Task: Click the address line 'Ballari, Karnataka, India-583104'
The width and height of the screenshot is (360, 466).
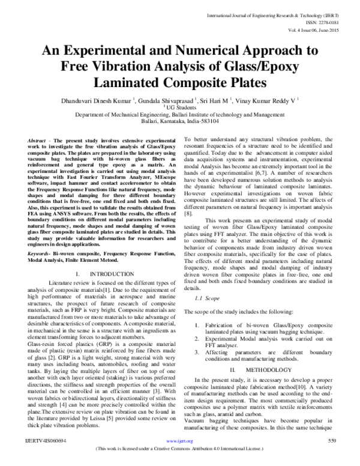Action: (x=180, y=120)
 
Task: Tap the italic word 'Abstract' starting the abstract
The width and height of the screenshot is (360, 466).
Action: (x=38, y=139)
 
